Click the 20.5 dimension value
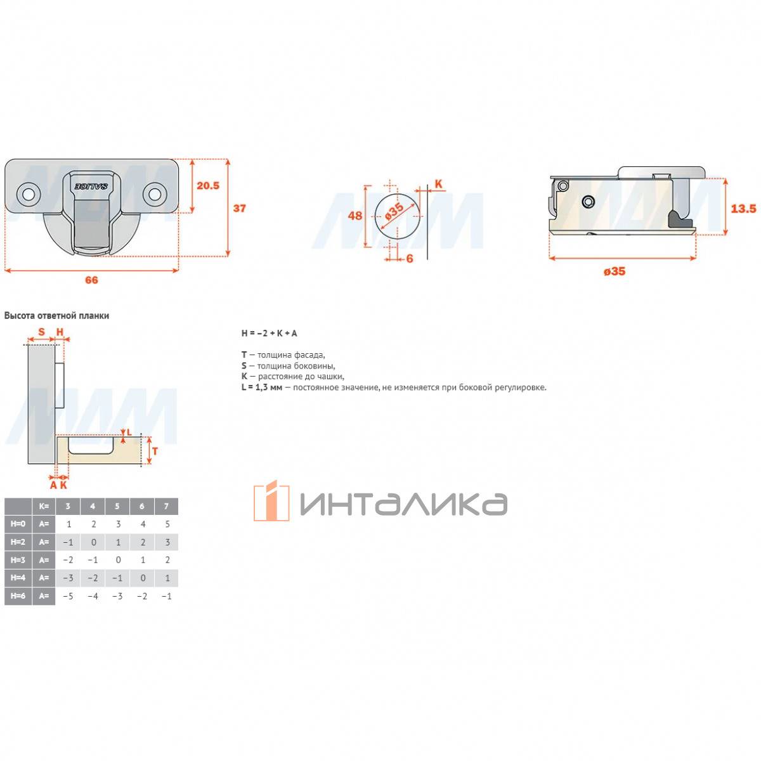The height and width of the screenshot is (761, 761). pyautogui.click(x=208, y=185)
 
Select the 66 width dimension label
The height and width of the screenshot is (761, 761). pyautogui.click(x=91, y=280)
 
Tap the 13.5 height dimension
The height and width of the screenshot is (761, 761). pyautogui.click(x=743, y=208)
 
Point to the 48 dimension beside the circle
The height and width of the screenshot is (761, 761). pyautogui.click(x=355, y=216)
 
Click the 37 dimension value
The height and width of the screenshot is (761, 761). pyautogui.click(x=239, y=208)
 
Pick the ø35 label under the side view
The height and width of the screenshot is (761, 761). pyautogui.click(x=615, y=271)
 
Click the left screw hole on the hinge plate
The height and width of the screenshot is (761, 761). pyautogui.click(x=29, y=194)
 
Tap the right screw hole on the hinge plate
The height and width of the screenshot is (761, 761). pyautogui.click(x=154, y=194)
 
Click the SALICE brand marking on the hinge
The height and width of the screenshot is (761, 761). pyautogui.click(x=91, y=186)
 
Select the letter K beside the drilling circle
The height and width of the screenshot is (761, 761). pyautogui.click(x=438, y=184)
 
